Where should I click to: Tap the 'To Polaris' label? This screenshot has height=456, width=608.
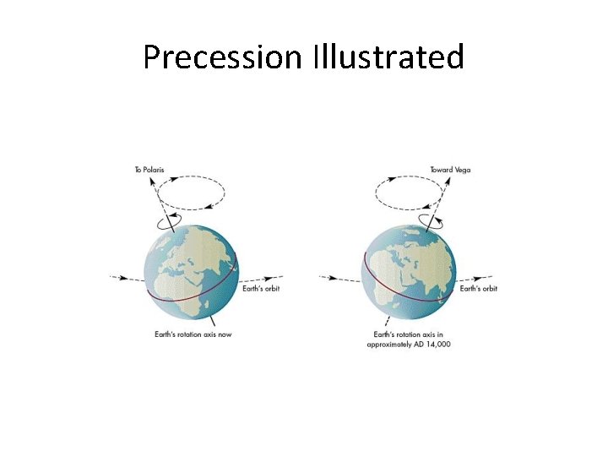[149, 170]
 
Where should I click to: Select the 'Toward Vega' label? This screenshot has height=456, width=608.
[450, 170]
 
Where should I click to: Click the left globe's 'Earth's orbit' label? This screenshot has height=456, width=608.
[262, 289]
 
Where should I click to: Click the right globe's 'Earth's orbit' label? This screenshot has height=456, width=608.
[479, 289]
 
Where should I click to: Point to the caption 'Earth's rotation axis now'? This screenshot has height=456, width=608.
[193, 334]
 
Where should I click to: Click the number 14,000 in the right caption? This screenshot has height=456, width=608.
[437, 345]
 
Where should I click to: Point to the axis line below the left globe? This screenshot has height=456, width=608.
[214, 321]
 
